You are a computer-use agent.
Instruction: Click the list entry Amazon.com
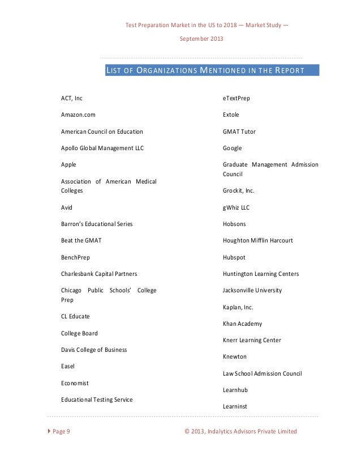78,115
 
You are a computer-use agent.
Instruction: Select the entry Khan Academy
242,324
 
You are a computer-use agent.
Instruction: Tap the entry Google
233,148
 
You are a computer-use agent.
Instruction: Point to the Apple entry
68,164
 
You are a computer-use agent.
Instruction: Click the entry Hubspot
235,257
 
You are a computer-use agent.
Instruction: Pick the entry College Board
79,333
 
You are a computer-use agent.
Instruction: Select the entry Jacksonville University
252,291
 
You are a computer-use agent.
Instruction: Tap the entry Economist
75,383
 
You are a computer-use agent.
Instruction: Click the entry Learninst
235,406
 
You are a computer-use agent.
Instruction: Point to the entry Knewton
235,357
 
